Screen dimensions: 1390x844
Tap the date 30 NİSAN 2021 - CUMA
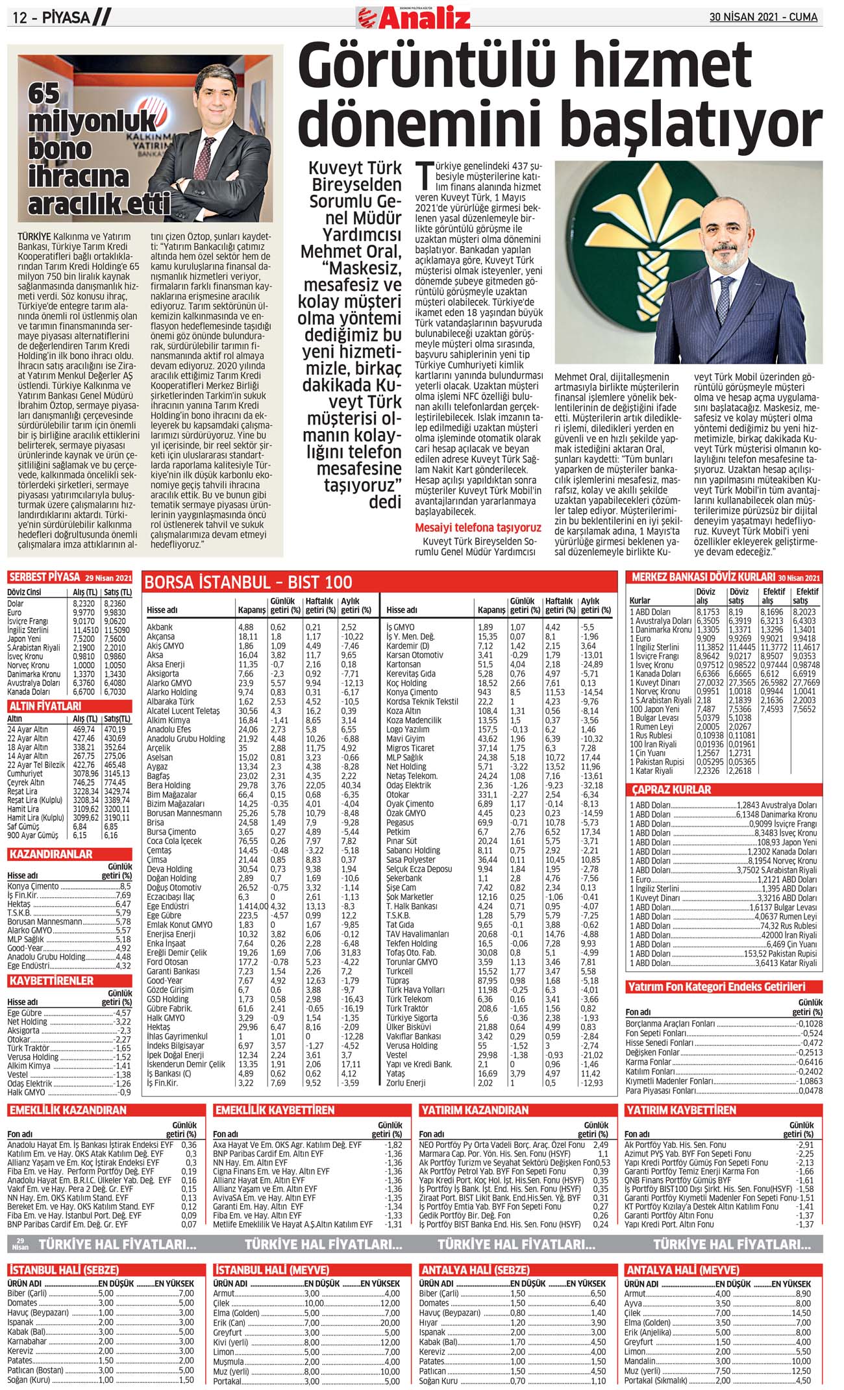(x=763, y=17)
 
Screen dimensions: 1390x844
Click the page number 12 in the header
(x=19, y=18)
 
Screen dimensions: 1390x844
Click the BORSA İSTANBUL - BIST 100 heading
(x=249, y=582)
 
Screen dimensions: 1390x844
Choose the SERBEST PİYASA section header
(x=45, y=577)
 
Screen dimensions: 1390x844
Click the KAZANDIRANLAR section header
(x=51, y=854)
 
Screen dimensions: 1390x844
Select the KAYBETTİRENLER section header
(x=51, y=980)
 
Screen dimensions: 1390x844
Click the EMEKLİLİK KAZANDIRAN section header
(x=68, y=1110)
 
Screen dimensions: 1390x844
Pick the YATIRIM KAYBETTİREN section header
(x=680, y=1110)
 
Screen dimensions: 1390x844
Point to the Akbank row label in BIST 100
(x=160, y=627)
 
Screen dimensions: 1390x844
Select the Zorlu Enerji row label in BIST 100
(x=406, y=1082)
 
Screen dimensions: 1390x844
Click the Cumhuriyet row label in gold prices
(x=25, y=774)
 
